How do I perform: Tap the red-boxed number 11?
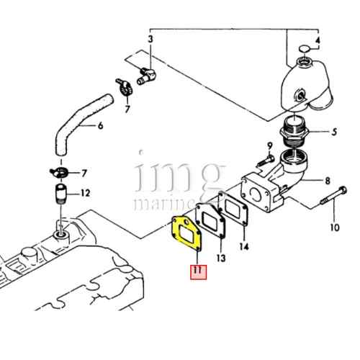coord(199,272)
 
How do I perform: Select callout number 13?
coord(221,258)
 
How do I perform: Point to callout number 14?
coord(244,246)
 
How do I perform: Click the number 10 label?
coord(335,227)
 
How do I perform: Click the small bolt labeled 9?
coord(266,161)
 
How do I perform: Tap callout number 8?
coord(328,181)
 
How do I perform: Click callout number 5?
coord(334,132)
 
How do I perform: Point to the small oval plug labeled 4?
coord(305,49)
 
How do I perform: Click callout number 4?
coord(318,40)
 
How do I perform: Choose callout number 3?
coord(150,39)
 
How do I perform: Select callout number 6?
coord(101,125)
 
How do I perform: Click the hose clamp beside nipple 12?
coord(59,173)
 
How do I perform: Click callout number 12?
coord(85,193)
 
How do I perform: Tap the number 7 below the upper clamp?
coord(127,109)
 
